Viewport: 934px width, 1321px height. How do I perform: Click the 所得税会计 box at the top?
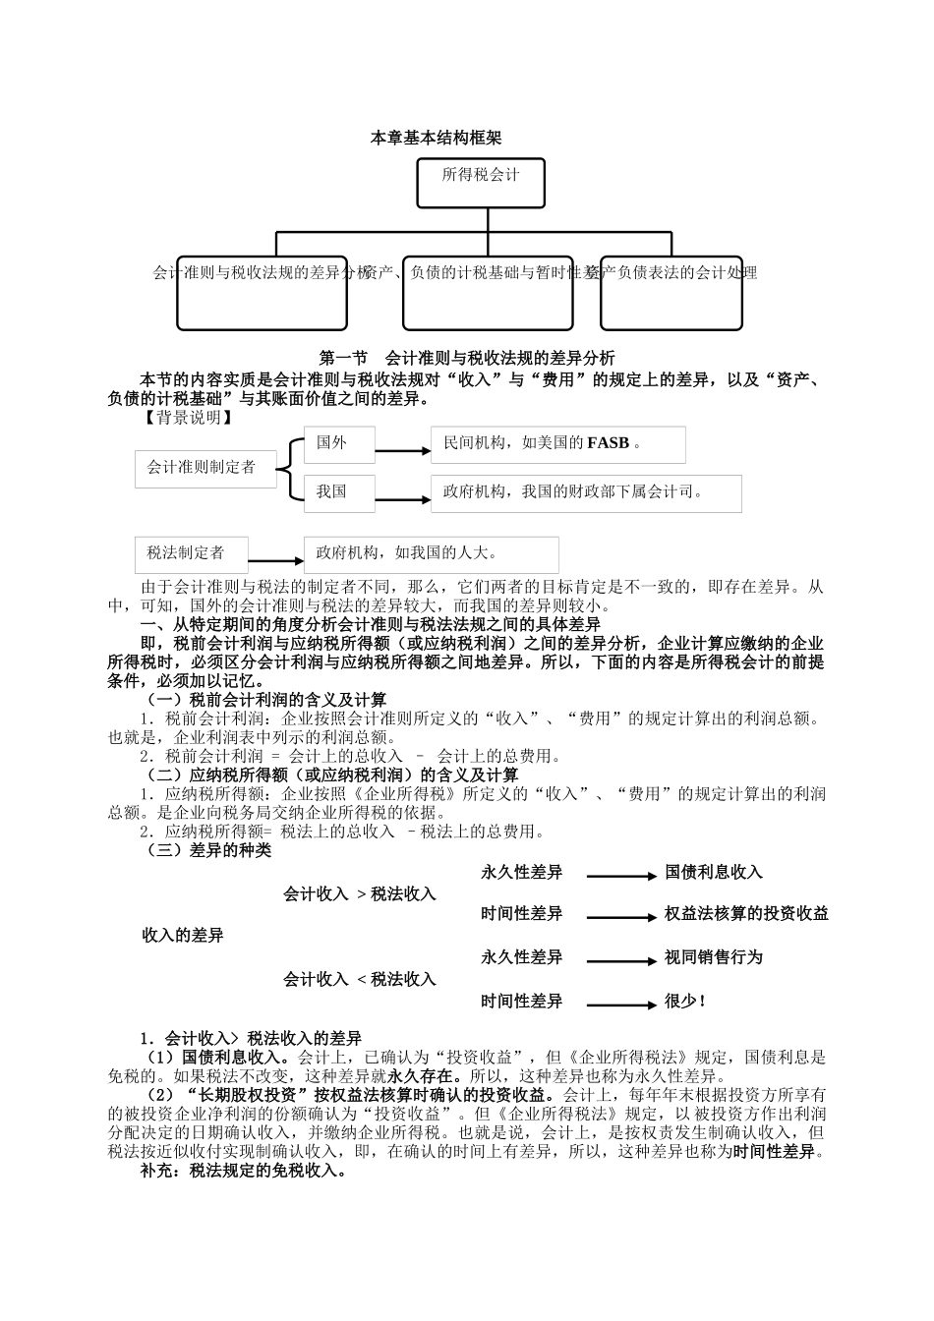pyautogui.click(x=480, y=183)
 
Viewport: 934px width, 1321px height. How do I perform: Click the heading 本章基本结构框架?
pyautogui.click(x=436, y=139)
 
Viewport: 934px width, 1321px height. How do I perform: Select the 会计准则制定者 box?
pyautogui.click(x=202, y=468)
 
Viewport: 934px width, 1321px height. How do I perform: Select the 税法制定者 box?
pyautogui.click(x=192, y=553)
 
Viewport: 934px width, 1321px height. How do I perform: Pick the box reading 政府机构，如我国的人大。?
pyautogui.click(x=432, y=554)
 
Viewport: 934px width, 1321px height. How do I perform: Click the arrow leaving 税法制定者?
pyautogui.click(x=276, y=561)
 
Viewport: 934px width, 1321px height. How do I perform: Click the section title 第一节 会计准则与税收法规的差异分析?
pyautogui.click(x=467, y=358)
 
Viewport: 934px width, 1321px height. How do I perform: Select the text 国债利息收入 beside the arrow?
pyautogui.click(x=713, y=873)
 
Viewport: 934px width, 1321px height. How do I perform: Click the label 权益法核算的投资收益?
pyautogui.click(x=746, y=914)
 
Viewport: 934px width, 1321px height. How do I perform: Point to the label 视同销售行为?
pyautogui.click(x=713, y=957)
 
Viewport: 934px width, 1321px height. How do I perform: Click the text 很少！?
pyautogui.click(x=685, y=1002)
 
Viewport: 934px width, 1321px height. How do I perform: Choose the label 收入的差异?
pyautogui.click(x=183, y=935)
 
